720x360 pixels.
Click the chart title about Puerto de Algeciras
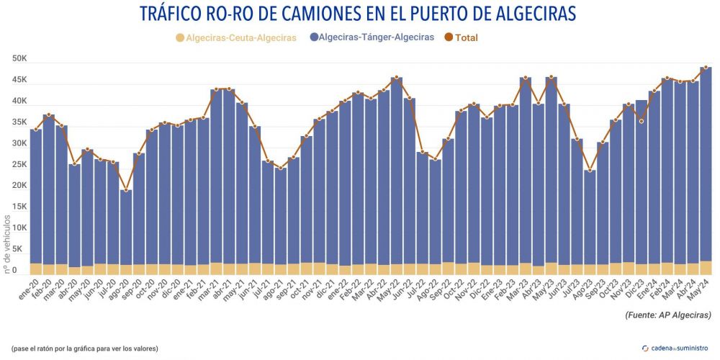click(359, 14)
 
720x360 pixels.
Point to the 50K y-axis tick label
click(19, 58)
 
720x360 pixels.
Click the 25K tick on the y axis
click(19, 165)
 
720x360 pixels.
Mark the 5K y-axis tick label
click(22, 250)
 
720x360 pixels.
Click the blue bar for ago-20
click(126, 227)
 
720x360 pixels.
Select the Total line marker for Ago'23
click(590, 171)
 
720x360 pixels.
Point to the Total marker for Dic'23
click(641, 122)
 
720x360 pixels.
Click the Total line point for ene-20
click(35, 130)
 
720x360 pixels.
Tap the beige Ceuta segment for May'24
click(706, 267)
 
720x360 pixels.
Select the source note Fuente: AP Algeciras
click(667, 315)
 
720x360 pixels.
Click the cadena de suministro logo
click(675, 348)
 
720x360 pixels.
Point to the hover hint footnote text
click(85, 348)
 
